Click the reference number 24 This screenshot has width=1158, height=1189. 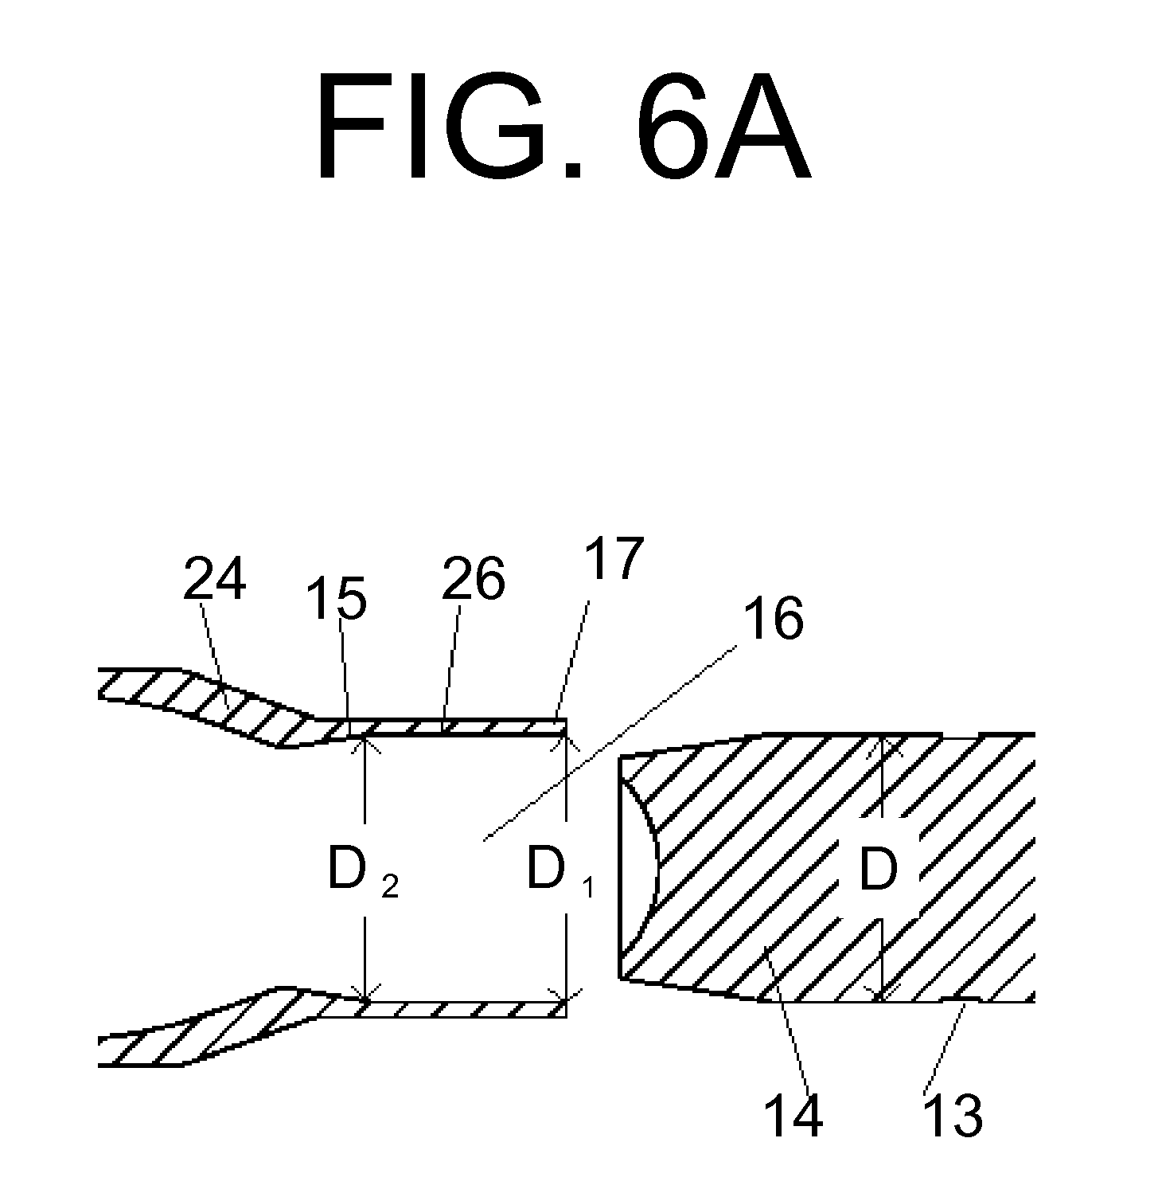[x=214, y=579]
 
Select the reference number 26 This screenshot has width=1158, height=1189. [x=473, y=579]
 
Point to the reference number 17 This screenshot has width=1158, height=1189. [x=612, y=558]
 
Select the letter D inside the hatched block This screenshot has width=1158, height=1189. [x=879, y=872]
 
